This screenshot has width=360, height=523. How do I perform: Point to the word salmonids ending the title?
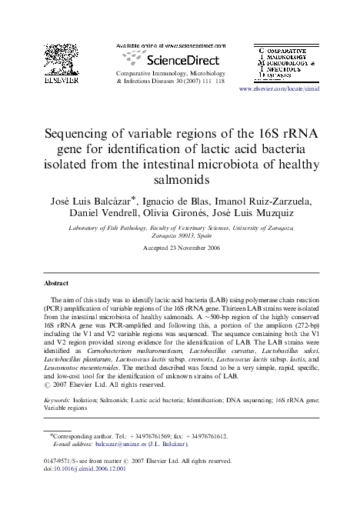(x=180, y=179)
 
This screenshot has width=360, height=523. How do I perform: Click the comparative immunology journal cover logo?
(x=287, y=63)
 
